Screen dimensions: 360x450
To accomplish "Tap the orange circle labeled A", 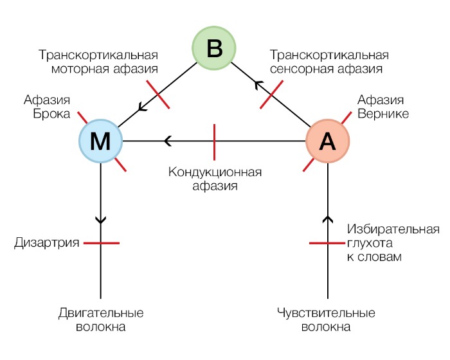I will pos(327,141).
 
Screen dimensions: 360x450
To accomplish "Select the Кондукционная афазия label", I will pos(215,179).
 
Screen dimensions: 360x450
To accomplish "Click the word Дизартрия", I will pos(47,243).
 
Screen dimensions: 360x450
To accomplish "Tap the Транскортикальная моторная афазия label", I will pos(98,62).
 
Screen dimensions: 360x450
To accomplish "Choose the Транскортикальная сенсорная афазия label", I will pos(329,62).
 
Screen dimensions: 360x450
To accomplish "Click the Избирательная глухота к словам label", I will pos(393,243).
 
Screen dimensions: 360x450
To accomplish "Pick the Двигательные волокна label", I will pos(100,320).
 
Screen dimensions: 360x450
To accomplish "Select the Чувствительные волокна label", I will pos(326,320).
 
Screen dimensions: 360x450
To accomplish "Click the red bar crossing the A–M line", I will pos(214,141).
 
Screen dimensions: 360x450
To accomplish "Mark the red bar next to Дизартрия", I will pos(101,243).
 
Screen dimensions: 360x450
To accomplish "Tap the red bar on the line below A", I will pos(328,243).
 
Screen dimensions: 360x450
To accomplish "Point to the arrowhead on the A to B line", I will pos(257,84).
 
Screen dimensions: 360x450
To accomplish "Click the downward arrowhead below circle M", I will pos(101,219).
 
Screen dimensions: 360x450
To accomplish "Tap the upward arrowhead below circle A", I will pos(328,220).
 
